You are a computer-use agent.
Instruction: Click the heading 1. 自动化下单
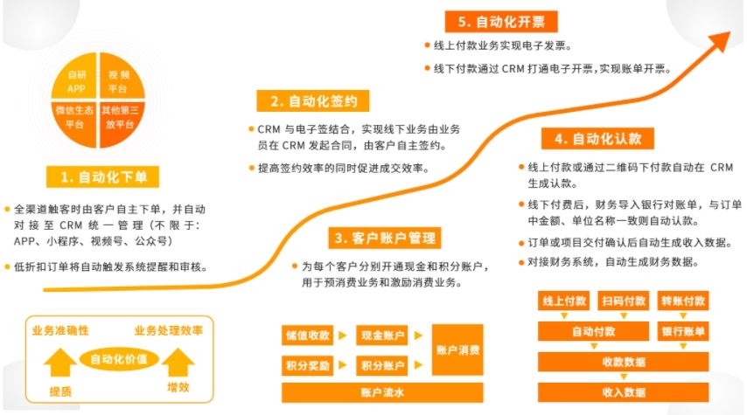pyautogui.click(x=104, y=177)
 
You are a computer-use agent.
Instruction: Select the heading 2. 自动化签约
pyautogui.click(x=313, y=100)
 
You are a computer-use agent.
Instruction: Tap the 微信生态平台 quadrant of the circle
pyautogui.click(x=75, y=117)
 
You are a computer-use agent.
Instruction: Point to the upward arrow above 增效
pyautogui.click(x=178, y=361)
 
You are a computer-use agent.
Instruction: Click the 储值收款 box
pyautogui.click(x=307, y=335)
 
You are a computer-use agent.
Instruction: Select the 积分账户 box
pyautogui.click(x=383, y=365)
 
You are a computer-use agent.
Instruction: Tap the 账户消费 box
pyautogui.click(x=457, y=350)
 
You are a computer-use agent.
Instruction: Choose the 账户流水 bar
pyautogui.click(x=383, y=393)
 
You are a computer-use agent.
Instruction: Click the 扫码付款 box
pyautogui.click(x=624, y=301)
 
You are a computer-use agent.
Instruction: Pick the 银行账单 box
pyautogui.click(x=682, y=332)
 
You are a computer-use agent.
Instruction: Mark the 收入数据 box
pyautogui.click(x=624, y=392)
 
